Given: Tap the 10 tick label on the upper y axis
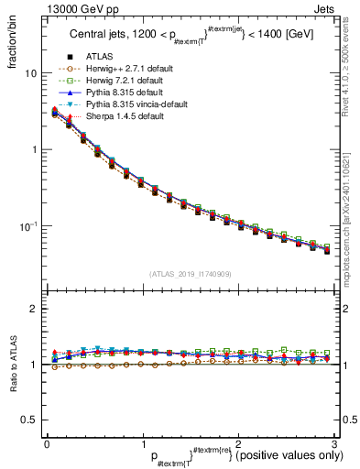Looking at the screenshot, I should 30,72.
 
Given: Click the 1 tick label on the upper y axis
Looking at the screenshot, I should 33,149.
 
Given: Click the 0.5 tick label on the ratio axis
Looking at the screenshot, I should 29,420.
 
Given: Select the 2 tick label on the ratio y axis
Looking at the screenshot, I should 33,309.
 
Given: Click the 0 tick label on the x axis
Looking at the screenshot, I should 47,444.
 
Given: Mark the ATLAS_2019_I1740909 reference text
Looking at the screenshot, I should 189,273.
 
